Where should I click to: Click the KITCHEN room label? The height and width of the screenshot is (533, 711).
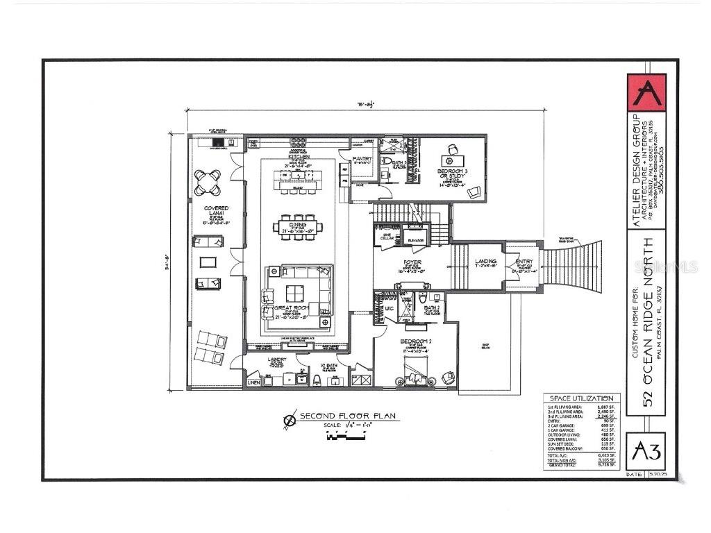[299, 157]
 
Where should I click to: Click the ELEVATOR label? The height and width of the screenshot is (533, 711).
[416, 240]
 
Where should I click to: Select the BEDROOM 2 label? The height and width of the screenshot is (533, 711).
[416, 343]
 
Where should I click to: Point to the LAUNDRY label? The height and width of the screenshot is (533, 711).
[277, 359]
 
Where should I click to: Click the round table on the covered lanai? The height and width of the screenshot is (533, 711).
[208, 183]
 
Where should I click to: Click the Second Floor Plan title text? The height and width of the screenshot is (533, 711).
[347, 416]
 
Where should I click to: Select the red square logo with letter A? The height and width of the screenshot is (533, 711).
[646, 92]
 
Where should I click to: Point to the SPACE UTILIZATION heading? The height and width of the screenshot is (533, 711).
[581, 398]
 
